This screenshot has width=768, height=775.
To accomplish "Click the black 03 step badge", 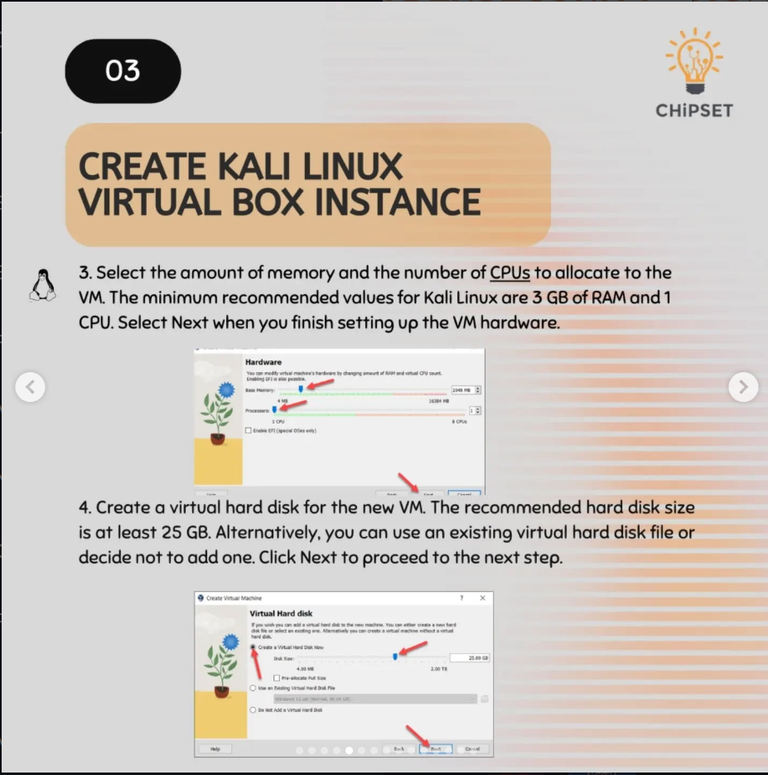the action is (x=123, y=70).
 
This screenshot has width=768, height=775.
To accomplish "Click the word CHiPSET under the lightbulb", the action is (x=694, y=110).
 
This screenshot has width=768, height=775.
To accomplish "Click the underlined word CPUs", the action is (x=510, y=273).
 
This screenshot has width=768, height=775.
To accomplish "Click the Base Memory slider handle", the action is (x=301, y=389).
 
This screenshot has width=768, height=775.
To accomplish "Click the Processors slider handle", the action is (x=274, y=409).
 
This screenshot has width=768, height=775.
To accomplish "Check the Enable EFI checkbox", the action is (x=249, y=430).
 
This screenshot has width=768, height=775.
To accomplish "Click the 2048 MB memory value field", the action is (x=461, y=390).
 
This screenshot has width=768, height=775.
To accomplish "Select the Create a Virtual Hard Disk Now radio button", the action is (x=253, y=647).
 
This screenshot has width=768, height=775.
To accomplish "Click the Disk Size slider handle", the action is (x=395, y=656).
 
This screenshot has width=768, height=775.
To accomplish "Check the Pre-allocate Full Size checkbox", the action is (x=276, y=677).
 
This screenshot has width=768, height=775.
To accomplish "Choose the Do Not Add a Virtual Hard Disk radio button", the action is (x=253, y=710).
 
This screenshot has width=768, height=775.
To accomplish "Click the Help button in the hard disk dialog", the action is (x=215, y=748).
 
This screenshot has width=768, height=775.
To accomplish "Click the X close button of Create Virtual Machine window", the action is (x=482, y=598).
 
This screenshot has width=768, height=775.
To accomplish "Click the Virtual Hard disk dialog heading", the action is (x=282, y=613).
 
